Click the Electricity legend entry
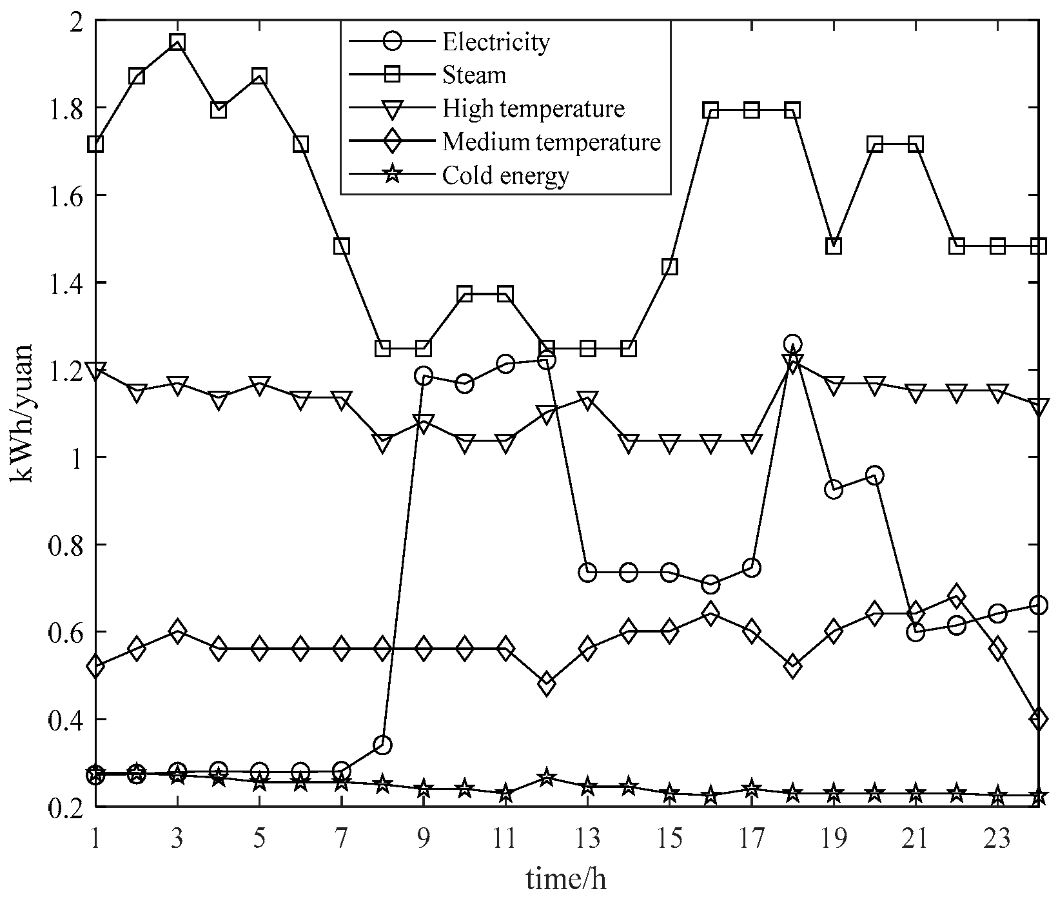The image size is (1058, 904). point(495,42)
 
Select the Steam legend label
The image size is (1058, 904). point(474,75)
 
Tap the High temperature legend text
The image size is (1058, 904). point(533,108)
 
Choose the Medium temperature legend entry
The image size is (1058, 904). point(551,142)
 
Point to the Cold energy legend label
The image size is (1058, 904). point(505,175)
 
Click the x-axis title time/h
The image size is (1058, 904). point(566,878)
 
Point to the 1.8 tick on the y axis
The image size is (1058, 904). point(63,108)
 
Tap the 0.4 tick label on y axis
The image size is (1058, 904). point(63,720)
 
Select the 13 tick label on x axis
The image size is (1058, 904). point(587,839)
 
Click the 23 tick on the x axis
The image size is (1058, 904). point(997,839)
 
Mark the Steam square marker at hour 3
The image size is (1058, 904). point(177,43)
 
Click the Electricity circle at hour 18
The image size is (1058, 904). point(792,344)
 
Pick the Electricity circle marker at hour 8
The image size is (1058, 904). point(382,745)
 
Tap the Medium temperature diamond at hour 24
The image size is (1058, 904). point(1038,718)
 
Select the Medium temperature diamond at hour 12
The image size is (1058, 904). point(547,683)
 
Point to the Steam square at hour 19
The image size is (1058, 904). point(833,246)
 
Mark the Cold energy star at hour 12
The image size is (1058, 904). point(547,778)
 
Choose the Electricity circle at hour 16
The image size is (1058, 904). point(710,585)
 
